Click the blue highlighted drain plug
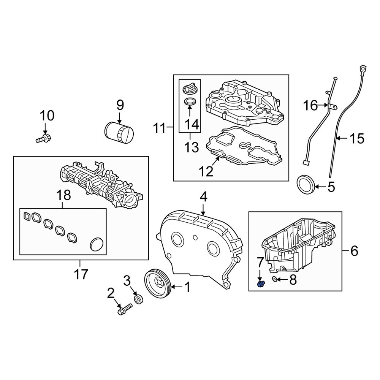(x=261, y=284)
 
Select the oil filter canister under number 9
(x=119, y=133)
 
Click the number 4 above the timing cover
(x=204, y=197)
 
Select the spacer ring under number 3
(x=139, y=299)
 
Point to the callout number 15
(x=357, y=139)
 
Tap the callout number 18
(x=63, y=195)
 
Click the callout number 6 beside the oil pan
(x=354, y=251)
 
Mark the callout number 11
(x=159, y=129)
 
